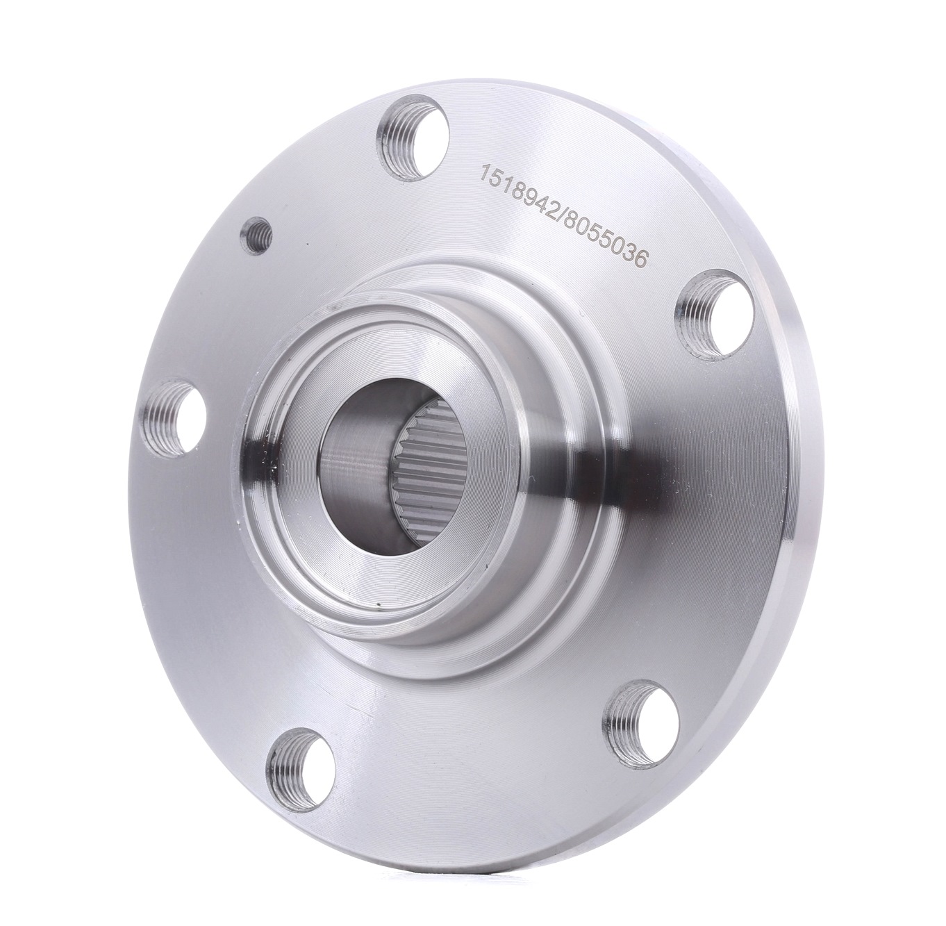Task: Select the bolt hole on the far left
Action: coord(174,417)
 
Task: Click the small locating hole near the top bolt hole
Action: coord(256,235)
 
